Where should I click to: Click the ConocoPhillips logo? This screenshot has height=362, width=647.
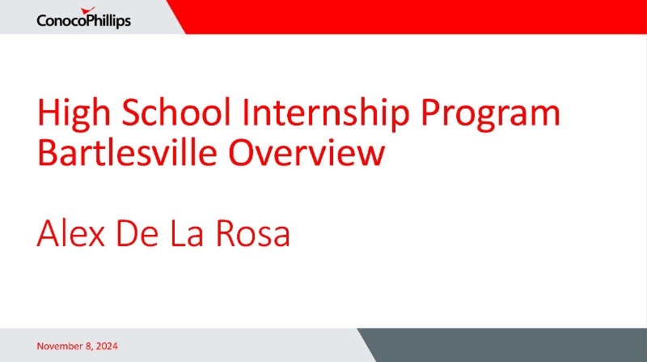84,18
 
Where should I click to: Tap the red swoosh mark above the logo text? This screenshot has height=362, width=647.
88,11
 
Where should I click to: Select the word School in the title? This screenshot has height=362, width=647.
175,112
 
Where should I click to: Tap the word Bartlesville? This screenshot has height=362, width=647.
127,151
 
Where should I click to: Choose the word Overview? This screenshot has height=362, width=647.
307,151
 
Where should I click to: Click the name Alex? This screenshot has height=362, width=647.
70,233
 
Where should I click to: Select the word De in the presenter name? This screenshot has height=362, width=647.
137,233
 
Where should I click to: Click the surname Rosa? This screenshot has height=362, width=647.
253,233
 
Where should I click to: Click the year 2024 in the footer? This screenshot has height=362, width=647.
107,346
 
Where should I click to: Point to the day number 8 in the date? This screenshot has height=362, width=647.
90,347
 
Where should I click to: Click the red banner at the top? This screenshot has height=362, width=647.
407,17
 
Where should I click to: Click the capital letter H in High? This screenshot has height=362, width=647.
48,112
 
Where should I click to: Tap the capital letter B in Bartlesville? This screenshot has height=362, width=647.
46,151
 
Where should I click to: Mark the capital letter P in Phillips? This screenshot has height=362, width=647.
89,20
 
